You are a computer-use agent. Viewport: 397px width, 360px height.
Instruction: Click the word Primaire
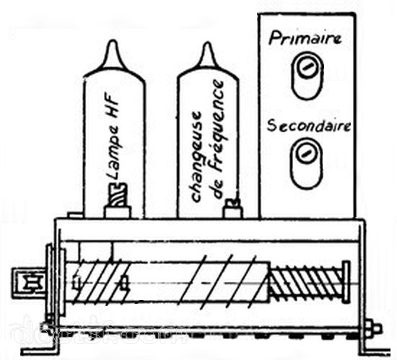pos(305,39)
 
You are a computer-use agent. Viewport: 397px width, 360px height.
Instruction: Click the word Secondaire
pos(309,126)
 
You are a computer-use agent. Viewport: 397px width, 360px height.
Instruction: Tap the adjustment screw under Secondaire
pos(305,154)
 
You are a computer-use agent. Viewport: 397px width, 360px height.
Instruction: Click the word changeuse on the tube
pos(197,157)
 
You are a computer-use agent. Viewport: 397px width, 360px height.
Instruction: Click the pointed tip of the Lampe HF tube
pos(113,41)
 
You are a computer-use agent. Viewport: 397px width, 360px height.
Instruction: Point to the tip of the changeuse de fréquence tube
pos(208,43)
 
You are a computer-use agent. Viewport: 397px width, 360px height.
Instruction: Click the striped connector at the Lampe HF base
pos(118,195)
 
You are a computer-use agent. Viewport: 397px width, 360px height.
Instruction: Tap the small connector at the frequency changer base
pos(233,208)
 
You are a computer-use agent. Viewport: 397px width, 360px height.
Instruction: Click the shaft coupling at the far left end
pos(29,283)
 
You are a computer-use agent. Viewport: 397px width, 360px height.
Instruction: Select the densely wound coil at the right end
pos(306,281)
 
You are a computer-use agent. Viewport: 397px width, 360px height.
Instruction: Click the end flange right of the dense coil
pos(346,282)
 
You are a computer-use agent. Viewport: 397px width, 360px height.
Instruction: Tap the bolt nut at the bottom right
pos(372,329)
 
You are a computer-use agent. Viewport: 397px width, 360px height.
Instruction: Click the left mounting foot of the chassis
pos(40,351)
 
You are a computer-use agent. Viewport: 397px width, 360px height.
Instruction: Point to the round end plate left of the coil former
pos(62,281)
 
